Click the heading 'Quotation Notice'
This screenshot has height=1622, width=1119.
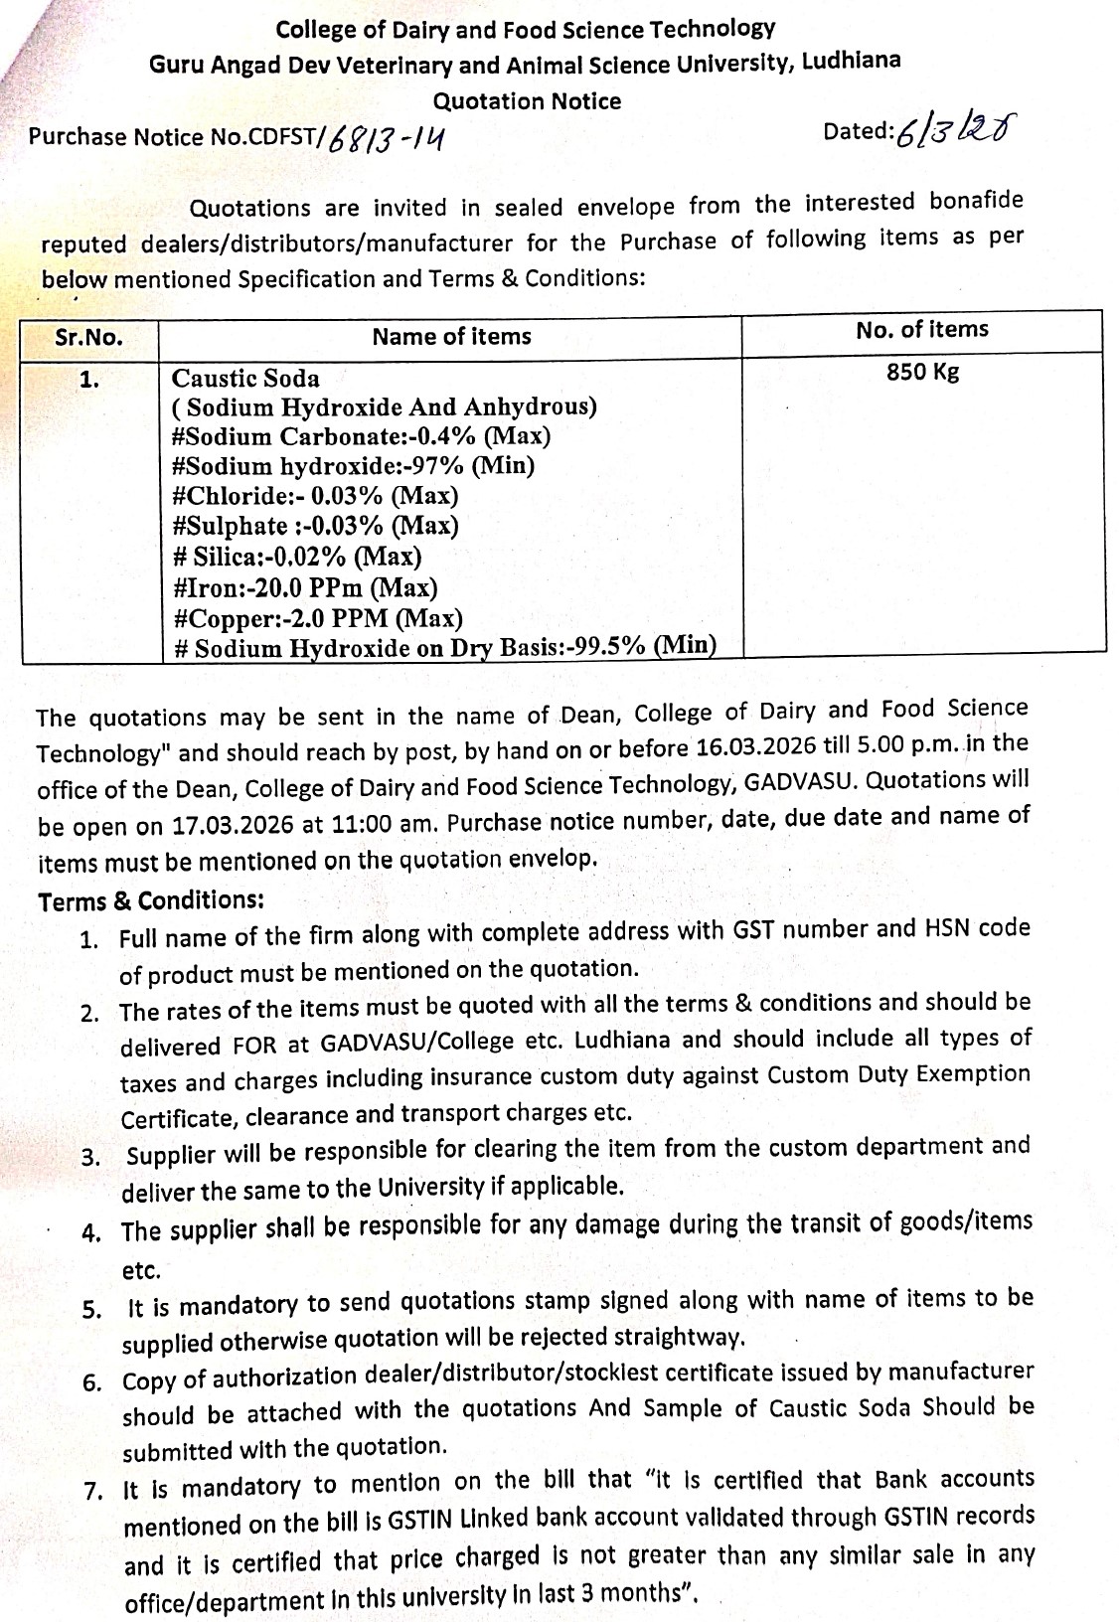coord(527,101)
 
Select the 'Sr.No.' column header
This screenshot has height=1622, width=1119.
coord(89,337)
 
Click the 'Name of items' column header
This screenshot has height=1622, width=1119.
coord(451,337)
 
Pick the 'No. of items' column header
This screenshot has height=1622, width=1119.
coord(921,330)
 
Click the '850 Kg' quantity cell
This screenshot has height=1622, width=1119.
coord(922,373)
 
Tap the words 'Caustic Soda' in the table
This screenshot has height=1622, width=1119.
coord(245,379)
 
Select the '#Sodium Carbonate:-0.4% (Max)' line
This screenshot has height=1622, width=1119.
coord(361,437)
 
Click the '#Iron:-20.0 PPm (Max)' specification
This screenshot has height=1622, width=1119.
coord(304,588)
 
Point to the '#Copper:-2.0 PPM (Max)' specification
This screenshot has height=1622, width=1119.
coord(317,619)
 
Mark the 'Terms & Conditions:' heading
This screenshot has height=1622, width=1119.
coord(151,901)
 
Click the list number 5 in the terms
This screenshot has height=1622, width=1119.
coord(91,1309)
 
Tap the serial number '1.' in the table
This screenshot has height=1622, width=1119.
coord(89,379)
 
